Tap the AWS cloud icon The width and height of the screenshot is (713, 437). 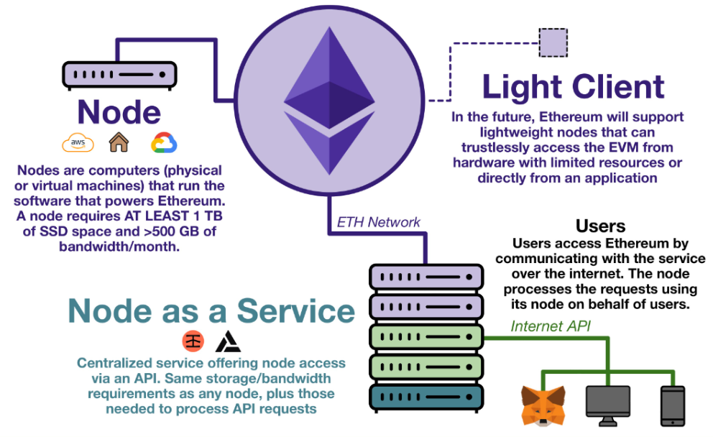click(78, 143)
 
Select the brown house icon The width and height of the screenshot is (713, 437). click(119, 142)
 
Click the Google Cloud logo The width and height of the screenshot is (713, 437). click(164, 142)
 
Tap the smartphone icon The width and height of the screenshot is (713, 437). click(672, 405)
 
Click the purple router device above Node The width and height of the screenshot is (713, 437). click(119, 74)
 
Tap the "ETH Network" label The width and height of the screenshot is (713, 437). click(379, 222)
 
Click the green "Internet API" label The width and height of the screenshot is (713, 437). click(551, 326)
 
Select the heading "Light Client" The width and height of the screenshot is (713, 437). click(573, 87)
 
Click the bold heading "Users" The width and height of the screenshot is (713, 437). click(601, 226)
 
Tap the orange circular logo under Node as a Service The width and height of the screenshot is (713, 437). click(193, 340)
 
